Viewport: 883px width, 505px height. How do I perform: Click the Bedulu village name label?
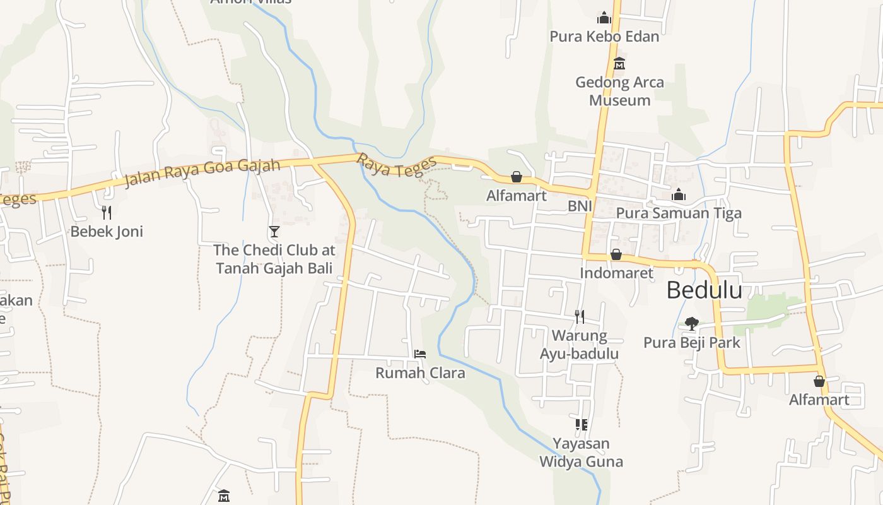click(x=704, y=290)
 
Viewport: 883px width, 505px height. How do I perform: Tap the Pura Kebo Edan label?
click(x=604, y=37)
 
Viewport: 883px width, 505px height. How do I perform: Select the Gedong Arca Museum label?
click(x=619, y=91)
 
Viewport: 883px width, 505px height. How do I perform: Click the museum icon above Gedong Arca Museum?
click(x=619, y=64)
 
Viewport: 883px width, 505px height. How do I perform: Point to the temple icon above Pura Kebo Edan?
click(x=604, y=18)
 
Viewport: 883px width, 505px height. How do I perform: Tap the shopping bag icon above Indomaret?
click(x=616, y=254)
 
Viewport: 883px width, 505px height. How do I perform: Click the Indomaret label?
click(x=616, y=273)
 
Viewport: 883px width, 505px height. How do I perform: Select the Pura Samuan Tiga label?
click(x=679, y=213)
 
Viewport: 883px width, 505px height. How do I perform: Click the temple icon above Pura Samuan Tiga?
click(x=679, y=195)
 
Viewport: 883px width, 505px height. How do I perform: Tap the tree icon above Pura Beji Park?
click(x=692, y=324)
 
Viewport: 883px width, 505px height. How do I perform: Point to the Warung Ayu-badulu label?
click(x=578, y=344)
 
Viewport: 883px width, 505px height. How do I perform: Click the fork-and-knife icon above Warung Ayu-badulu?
click(x=579, y=316)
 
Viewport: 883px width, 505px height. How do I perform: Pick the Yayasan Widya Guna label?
click(x=581, y=452)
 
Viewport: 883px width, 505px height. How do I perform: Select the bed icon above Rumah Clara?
click(x=420, y=354)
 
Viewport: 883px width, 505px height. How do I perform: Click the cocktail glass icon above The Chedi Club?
click(x=274, y=232)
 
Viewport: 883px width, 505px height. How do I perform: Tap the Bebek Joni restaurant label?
click(x=107, y=232)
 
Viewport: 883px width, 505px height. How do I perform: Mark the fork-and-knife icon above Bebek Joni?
click(x=107, y=213)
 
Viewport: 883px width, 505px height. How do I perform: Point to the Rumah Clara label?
click(x=420, y=373)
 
